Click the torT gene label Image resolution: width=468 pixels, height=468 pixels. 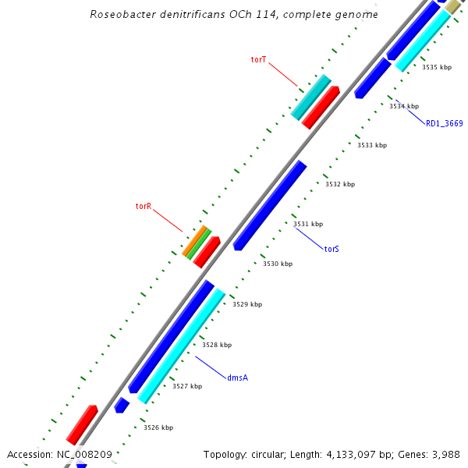tap(259, 59)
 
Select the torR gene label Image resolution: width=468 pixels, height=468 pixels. tap(143, 207)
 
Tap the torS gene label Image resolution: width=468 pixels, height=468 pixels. tap(331, 250)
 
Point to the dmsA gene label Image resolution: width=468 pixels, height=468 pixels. tap(238, 378)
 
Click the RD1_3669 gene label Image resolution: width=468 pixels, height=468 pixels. tap(444, 123)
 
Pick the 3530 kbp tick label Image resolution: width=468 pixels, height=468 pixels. tap(278, 264)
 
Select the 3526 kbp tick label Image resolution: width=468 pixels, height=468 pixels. tap(158, 427)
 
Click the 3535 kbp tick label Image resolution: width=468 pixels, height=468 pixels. tap(437, 67)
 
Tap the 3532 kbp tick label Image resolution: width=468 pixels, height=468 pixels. tap(340, 185)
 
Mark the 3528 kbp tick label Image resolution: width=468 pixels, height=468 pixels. tap(217, 345)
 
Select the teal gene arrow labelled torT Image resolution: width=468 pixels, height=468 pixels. tap(310, 97)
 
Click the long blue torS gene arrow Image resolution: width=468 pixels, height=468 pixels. tap(270, 205)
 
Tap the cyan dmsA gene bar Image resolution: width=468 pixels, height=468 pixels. tap(181, 346)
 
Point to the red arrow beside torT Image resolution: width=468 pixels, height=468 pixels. tap(321, 107)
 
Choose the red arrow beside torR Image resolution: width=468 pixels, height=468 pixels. tap(207, 252)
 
